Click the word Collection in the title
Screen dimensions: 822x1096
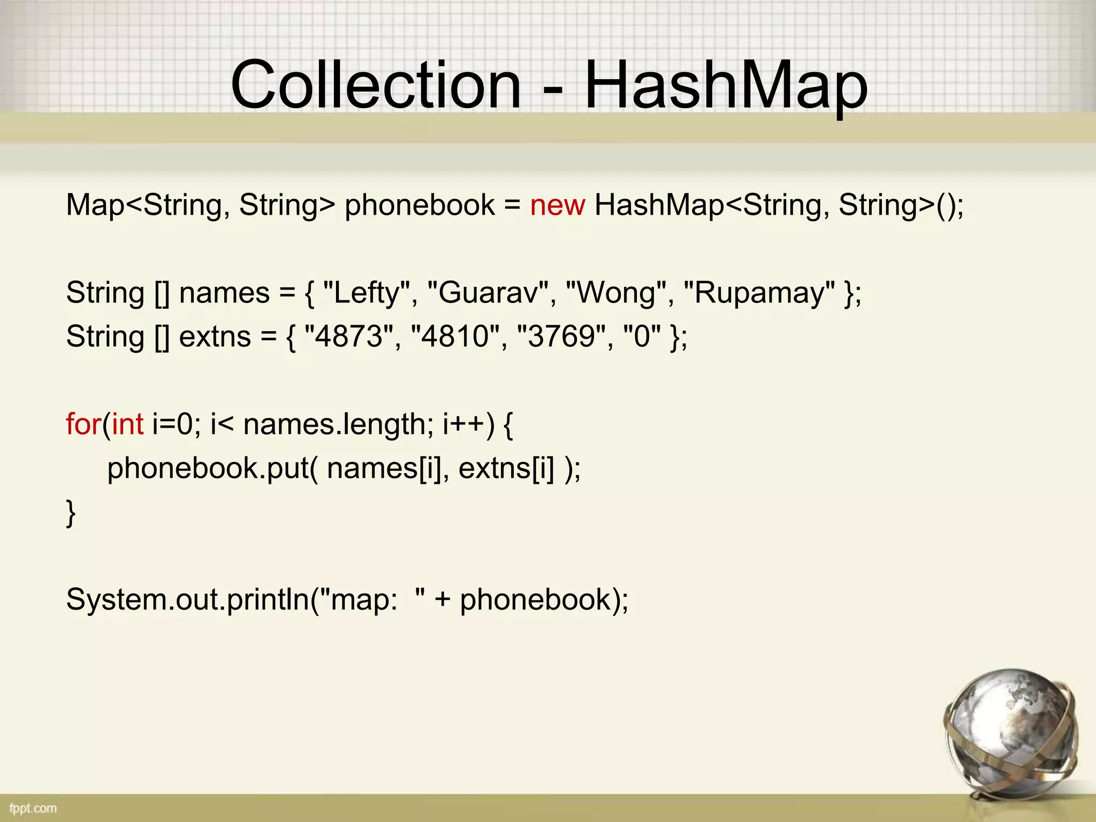[x=376, y=85]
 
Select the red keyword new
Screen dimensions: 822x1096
[x=557, y=205]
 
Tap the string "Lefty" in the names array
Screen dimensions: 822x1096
[x=367, y=293]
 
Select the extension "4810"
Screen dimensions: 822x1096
[x=455, y=337]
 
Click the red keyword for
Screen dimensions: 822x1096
[x=83, y=424]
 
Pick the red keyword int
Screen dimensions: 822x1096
[x=128, y=424]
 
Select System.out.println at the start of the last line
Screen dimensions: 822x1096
[x=188, y=599]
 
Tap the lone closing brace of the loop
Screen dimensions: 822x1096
[x=71, y=513]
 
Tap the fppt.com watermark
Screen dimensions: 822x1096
[x=33, y=808]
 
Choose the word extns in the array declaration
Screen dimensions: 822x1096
[x=215, y=337]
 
